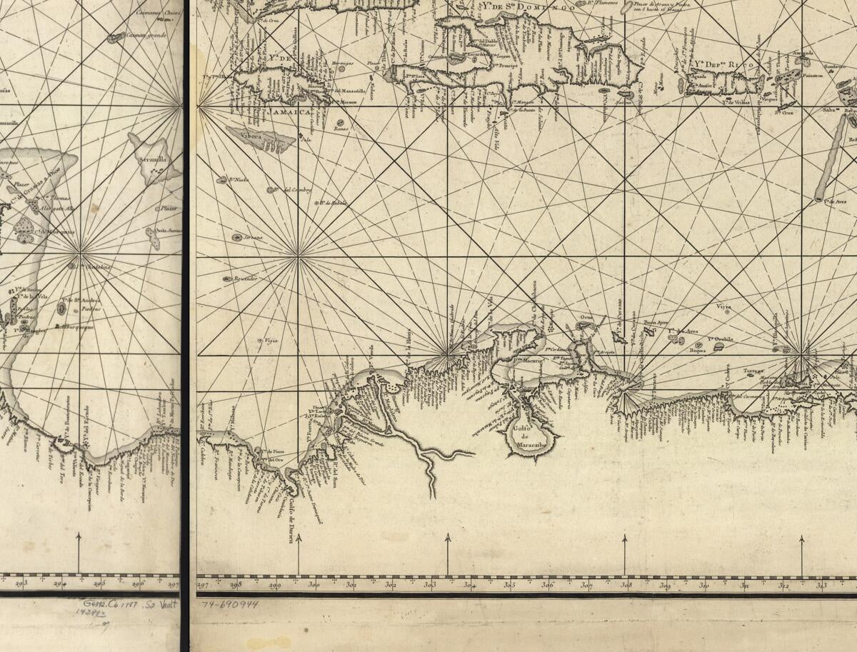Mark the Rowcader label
click(246, 279)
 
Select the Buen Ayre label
click(656, 323)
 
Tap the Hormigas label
click(342, 63)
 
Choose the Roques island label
click(698, 351)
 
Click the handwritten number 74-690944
click(229, 604)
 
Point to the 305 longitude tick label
click(508, 586)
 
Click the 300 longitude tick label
click(314, 586)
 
